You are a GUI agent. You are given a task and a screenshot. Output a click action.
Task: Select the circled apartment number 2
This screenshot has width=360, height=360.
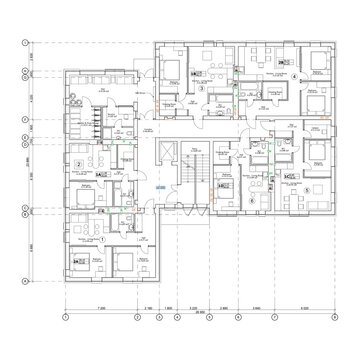pos(78,161)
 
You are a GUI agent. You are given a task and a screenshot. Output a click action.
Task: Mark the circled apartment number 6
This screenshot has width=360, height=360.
pos(252,199)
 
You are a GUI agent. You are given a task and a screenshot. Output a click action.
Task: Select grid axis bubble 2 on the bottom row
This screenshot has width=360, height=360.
pos(140,316)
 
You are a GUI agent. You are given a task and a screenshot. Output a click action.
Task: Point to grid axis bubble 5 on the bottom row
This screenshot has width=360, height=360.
pos(213,316)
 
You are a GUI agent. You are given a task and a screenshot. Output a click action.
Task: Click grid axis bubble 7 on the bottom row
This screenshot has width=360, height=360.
pos(279,316)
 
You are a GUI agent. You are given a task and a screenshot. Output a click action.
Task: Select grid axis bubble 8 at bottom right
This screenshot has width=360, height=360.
pos(331,316)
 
